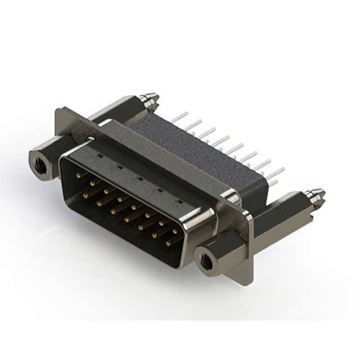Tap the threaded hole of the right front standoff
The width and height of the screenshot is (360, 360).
coord(209,260)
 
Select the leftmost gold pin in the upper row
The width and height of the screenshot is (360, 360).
coord(78,175)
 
